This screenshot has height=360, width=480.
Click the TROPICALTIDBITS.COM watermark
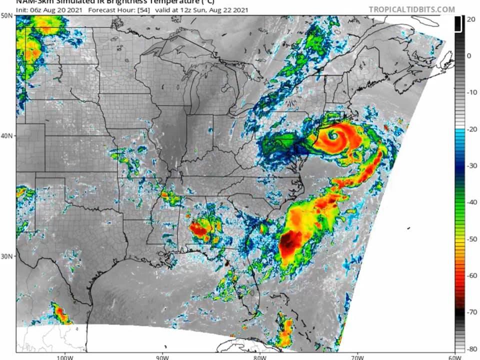(x=412, y=9)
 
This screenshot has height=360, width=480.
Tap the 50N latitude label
(x=7, y=15)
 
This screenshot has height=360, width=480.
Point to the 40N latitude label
(x=7, y=135)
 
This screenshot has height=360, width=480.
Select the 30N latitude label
(x=7, y=256)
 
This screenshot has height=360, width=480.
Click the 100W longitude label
(x=63, y=356)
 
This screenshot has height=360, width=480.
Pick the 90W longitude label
(x=161, y=356)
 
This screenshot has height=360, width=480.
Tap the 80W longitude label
(x=259, y=356)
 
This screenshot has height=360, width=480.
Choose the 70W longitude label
(x=356, y=356)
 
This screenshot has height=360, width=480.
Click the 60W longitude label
(x=454, y=356)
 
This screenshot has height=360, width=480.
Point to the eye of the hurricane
(x=332, y=136)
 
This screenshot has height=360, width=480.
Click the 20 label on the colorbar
(x=470, y=19)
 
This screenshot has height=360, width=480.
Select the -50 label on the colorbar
(x=470, y=239)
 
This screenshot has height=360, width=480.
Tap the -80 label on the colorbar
(x=470, y=348)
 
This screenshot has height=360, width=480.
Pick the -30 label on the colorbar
(x=470, y=165)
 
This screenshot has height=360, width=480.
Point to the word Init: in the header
(x=23, y=9)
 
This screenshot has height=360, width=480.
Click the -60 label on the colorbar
(x=470, y=275)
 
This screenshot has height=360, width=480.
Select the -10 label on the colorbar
(x=470, y=92)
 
